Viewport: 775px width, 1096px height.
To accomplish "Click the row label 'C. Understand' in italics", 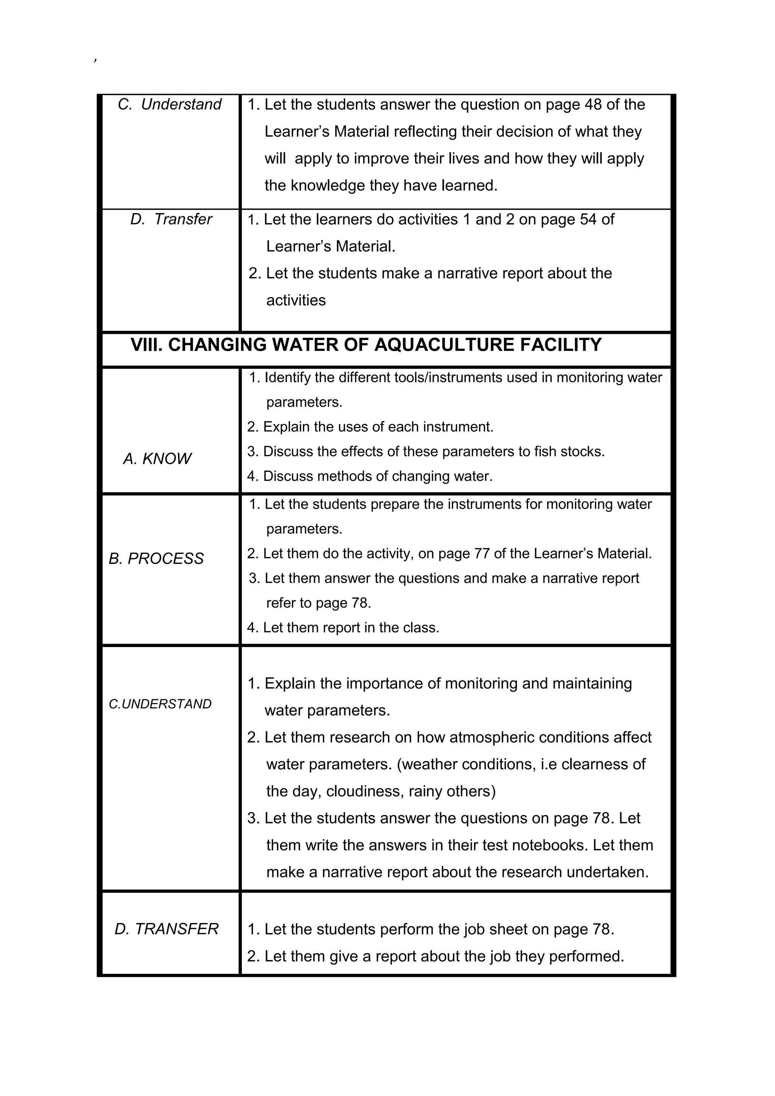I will [170, 104].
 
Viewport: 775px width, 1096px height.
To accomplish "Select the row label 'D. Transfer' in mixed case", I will [171, 219].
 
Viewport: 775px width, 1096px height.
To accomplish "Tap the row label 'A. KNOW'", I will [157, 459].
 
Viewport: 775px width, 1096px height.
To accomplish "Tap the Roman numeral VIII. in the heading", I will [146, 345].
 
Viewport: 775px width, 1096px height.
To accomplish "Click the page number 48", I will [593, 104].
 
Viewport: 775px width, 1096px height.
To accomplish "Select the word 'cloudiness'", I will [365, 792].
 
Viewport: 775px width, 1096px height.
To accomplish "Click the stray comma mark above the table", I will [95, 60].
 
